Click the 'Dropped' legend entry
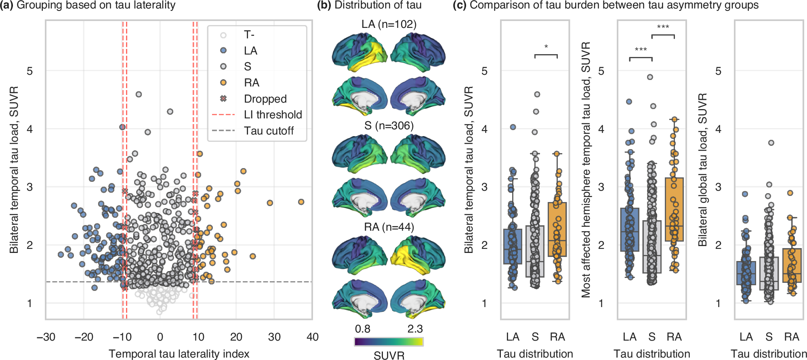[265, 99]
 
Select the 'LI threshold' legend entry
[273, 115]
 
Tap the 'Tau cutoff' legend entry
[269, 131]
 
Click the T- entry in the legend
[249, 35]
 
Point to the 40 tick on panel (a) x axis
[312, 337]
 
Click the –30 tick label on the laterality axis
[46, 337]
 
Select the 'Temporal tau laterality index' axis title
[179, 354]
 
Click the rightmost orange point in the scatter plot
[301, 202]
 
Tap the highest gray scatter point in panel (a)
[139, 94]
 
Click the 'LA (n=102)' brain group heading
[389, 24]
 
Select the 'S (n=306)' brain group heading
[389, 126]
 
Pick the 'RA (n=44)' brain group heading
[389, 227]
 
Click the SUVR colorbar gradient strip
[389, 342]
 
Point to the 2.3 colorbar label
[415, 329]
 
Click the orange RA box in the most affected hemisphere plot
[674, 209]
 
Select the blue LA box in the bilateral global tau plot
[746, 273]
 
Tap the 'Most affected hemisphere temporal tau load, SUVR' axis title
[586, 170]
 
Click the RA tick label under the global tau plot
[791, 337]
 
